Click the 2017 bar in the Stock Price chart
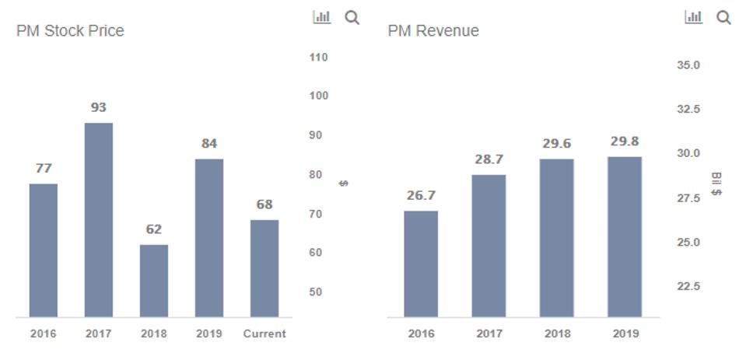point(99,219)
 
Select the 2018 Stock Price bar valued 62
point(154,281)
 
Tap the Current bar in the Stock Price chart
point(264,268)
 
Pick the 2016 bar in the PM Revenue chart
point(421,264)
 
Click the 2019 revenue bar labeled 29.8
point(625,237)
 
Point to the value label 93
point(99,107)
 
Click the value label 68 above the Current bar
point(264,204)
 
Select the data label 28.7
point(489,159)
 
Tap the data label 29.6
point(556,144)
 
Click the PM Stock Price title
point(70,31)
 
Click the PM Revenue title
point(433,31)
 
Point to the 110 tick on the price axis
point(318,58)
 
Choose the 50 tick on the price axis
point(315,292)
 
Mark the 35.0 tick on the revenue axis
point(688,65)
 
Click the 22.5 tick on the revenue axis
point(688,287)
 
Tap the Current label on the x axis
point(264,334)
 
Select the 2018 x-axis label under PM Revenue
point(556,334)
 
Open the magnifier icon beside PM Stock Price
point(352,17)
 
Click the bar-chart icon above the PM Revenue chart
point(693,17)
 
